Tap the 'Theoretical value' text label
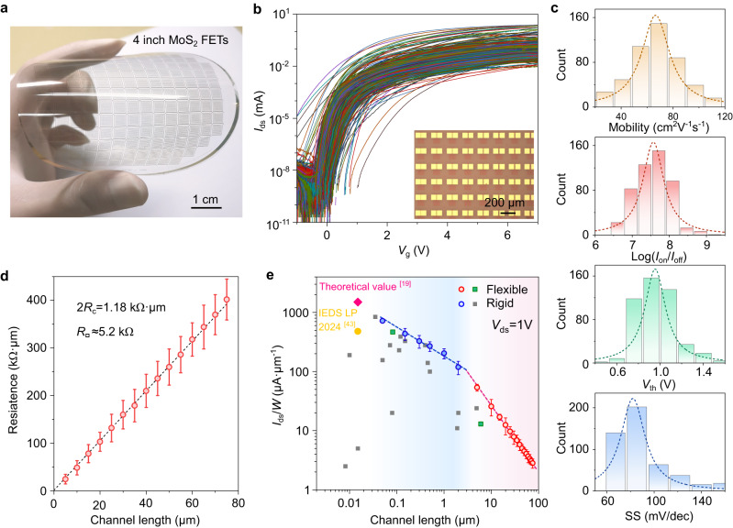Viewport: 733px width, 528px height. [x=368, y=286]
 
